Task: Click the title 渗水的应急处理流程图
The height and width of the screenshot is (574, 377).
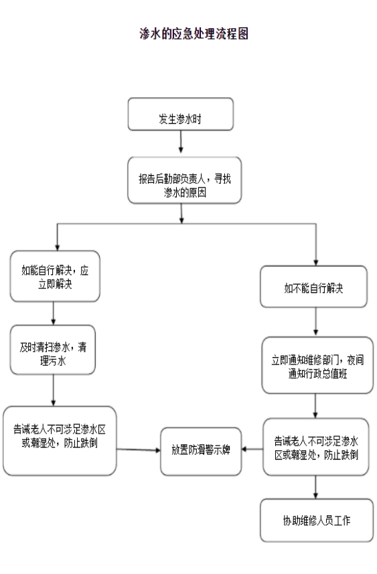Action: [194, 33]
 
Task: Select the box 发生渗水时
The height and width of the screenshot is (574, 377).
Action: [181, 114]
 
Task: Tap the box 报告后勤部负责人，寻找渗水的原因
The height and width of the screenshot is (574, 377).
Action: [184, 180]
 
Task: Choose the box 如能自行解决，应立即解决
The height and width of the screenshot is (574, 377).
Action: [55, 276]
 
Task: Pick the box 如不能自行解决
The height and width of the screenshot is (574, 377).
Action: [313, 286]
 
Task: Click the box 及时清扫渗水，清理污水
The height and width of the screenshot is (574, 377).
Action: [53, 350]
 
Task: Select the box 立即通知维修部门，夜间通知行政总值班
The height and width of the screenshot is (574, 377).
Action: [317, 365]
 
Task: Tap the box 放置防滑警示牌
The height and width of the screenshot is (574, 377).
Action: [201, 452]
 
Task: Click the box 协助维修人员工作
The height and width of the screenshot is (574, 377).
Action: [317, 520]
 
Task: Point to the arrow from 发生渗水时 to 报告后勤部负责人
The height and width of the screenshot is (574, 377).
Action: [181, 141]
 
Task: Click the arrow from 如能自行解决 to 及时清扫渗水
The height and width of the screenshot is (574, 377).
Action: [54, 313]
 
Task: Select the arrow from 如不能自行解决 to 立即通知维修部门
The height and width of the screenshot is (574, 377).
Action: [316, 321]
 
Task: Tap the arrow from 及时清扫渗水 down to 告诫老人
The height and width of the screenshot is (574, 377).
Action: [54, 390]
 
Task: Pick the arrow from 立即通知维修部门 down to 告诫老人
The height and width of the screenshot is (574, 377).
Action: [315, 406]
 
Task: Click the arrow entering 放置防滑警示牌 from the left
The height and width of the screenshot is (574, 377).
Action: [139, 450]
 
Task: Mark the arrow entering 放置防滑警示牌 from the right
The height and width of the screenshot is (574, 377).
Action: [252, 449]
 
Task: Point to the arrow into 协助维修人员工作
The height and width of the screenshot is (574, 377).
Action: [315, 487]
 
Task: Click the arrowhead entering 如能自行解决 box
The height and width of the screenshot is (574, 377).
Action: [57, 248]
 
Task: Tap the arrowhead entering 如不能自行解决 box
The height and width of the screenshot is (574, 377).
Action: [316, 262]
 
